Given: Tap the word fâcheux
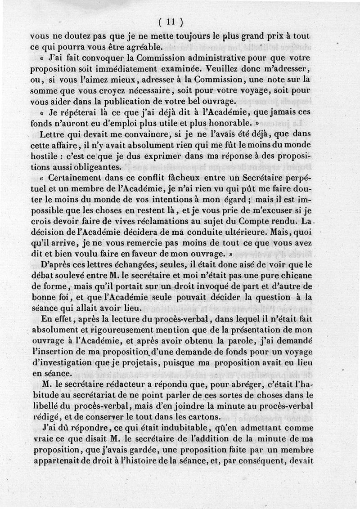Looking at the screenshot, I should pyautogui.click(x=175, y=177).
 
